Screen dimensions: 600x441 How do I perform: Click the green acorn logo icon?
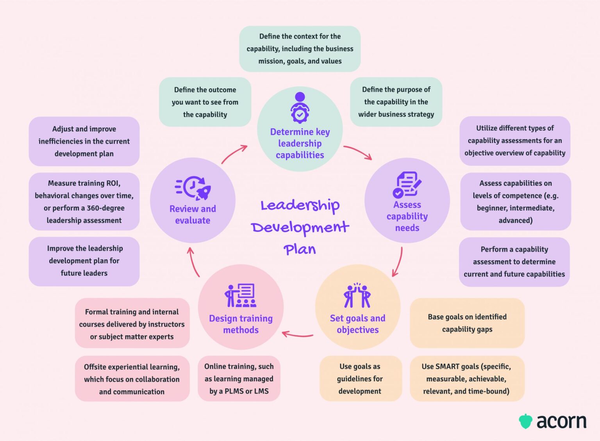tap(525, 421)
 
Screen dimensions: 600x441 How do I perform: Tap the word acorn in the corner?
tap(561, 421)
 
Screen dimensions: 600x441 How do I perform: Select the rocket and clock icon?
tap(193, 188)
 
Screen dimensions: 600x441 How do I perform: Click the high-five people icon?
tap(357, 295)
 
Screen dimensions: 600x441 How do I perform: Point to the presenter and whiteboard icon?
tap(240, 295)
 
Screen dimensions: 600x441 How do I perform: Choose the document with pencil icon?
tap(407, 185)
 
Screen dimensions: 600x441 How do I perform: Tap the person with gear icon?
tap(300, 108)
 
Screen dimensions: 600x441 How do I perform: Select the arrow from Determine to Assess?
tap(358, 151)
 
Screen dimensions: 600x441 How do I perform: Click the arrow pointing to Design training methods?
tap(297, 334)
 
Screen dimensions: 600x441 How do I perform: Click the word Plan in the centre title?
tap(300, 249)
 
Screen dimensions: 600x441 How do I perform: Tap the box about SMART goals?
tap(467, 379)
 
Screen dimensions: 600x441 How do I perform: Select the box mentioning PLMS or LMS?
tap(239, 379)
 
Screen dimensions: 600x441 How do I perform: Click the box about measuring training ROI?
tap(84, 201)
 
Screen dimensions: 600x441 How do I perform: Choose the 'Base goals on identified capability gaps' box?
tap(467, 323)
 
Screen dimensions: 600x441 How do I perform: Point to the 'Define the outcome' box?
tap(205, 102)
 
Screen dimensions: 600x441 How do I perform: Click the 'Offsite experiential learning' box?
tap(132, 379)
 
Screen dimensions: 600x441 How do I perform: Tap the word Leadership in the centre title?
tap(300, 206)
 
